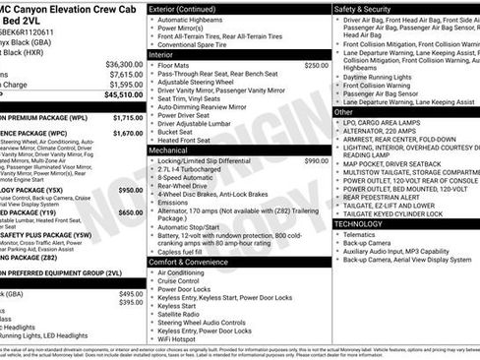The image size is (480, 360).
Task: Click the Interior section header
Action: pos(161,55)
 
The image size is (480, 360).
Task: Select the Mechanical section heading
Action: pos(169,151)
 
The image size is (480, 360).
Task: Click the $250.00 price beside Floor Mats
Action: pos(316,65)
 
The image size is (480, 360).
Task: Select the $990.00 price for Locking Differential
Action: pos(316,160)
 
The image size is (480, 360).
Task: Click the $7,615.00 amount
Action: pos(125,74)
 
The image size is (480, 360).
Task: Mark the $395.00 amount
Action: pos(130,303)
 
